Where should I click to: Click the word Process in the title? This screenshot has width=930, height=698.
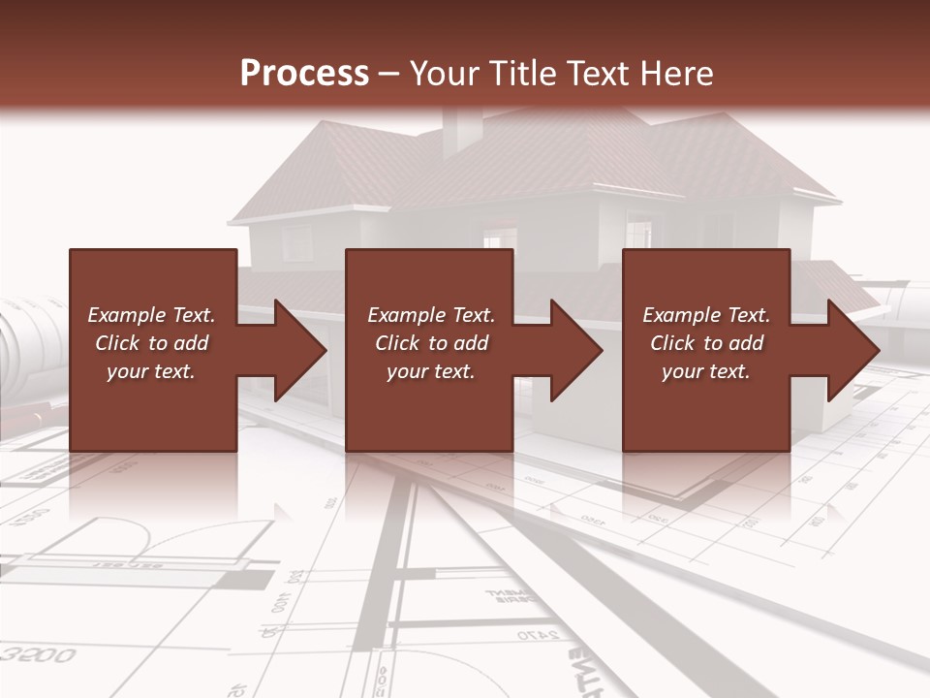click(304, 74)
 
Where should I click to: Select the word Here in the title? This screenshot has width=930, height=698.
click(677, 74)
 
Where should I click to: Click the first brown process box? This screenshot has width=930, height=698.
click(152, 291)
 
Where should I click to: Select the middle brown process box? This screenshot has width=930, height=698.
click(429, 291)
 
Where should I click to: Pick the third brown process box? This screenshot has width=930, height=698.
click(706, 291)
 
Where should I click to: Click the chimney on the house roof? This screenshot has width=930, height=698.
click(462, 130)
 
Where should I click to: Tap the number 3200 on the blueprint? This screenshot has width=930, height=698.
click(39, 655)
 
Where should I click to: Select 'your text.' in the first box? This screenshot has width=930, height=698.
click(151, 371)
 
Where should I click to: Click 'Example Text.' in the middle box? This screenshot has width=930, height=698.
click(431, 315)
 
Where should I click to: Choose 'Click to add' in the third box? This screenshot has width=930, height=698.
click(707, 343)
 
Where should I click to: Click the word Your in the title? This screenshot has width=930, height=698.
click(447, 74)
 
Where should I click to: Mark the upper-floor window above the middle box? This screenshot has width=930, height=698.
click(500, 237)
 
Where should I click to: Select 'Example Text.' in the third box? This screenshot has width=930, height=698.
click(706, 315)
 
